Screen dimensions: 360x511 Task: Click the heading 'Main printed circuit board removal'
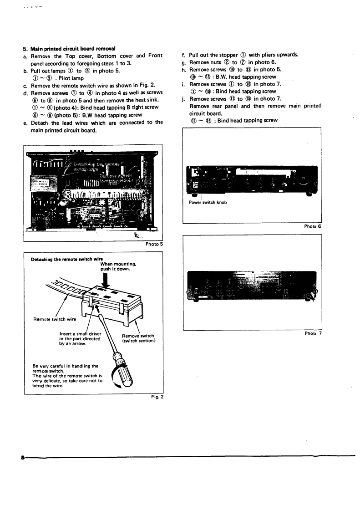point(72,49)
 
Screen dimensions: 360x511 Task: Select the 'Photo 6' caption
point(313,226)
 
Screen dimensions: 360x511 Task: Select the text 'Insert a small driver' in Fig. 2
point(77,334)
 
